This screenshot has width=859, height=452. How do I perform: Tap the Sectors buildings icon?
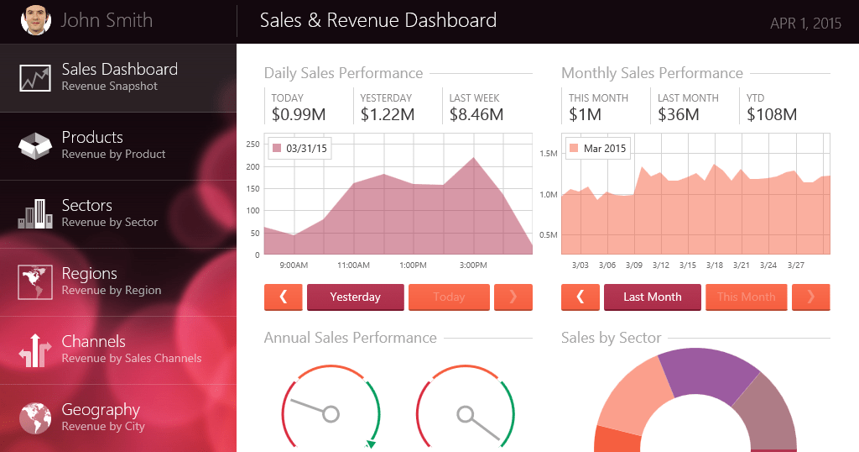coord(35,214)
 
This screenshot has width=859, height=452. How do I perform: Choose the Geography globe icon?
coord(35,418)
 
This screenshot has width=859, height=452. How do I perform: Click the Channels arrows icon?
coord(35,350)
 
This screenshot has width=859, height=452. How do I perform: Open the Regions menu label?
coord(89,274)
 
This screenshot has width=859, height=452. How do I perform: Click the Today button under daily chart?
coord(449,297)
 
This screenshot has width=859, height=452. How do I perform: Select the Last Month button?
coord(653,297)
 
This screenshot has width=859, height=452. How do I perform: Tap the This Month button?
coord(747,297)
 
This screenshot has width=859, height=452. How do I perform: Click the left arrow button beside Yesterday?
coord(284,297)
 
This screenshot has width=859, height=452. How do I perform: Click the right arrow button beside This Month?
coord(810,297)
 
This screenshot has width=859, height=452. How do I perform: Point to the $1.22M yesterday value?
coord(388,114)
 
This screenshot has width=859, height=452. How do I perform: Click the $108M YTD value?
coord(772,114)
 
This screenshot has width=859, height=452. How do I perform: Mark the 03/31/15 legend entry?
coord(299,149)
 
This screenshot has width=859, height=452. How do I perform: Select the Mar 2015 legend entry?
coord(597,149)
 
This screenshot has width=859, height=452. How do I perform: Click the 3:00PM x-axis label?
coord(473,265)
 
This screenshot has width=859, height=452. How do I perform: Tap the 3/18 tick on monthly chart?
coord(715,265)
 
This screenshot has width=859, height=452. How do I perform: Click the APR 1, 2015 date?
coord(805,24)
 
